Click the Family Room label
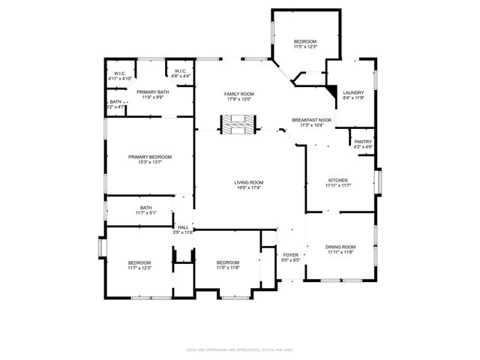[236, 94]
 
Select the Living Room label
[248, 182]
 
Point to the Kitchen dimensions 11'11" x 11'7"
[337, 186]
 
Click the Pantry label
[363, 142]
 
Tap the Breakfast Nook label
[311, 120]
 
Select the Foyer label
[291, 255]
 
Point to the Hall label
[183, 226]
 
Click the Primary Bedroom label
[149, 157]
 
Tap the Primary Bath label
[152, 91]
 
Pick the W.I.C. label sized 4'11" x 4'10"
[120, 73]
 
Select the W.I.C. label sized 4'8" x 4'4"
[180, 72]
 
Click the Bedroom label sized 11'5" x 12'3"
[305, 41]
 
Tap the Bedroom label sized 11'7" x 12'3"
[139, 262]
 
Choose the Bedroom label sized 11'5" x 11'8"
[227, 262]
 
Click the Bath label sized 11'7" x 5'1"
[145, 208]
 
